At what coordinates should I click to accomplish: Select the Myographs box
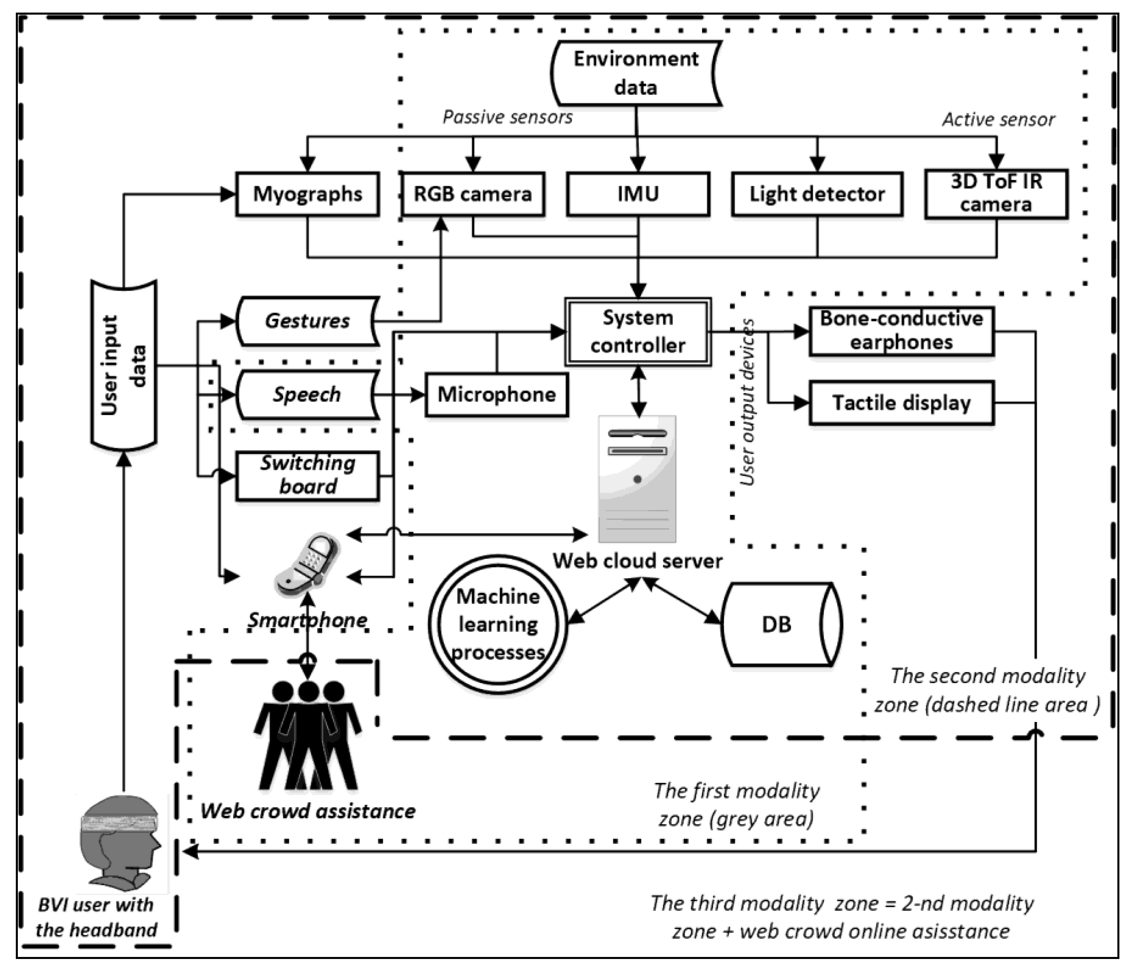[307, 194]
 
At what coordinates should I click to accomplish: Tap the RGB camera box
[473, 194]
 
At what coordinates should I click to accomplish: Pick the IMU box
[638, 194]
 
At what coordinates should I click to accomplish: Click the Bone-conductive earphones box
[901, 331]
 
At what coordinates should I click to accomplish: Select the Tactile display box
[901, 403]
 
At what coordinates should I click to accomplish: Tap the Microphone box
[496, 394]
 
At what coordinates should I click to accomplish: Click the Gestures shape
[307, 321]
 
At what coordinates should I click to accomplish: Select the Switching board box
[307, 475]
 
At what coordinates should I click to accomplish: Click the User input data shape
[124, 366]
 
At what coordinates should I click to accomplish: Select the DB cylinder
[782, 624]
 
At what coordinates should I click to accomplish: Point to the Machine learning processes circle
[498, 624]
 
